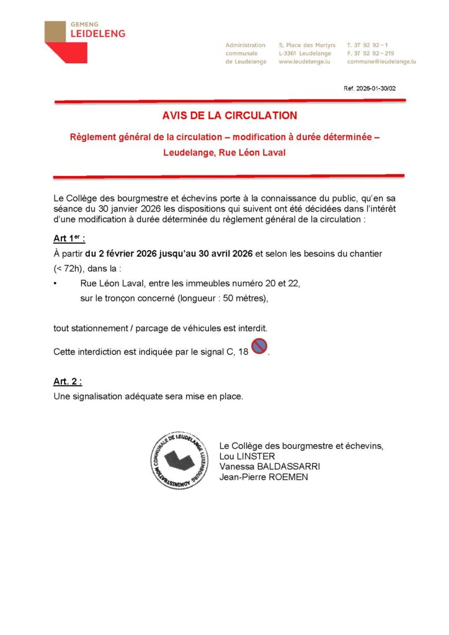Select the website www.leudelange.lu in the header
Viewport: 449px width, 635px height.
304,62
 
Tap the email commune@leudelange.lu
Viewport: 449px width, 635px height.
381,62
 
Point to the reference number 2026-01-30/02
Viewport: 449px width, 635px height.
370,89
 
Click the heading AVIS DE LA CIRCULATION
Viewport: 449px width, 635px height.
229,115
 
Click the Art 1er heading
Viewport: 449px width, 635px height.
69,240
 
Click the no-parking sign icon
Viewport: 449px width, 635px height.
259,348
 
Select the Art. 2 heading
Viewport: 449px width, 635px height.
68,381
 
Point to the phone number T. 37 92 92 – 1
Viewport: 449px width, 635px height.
368,45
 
